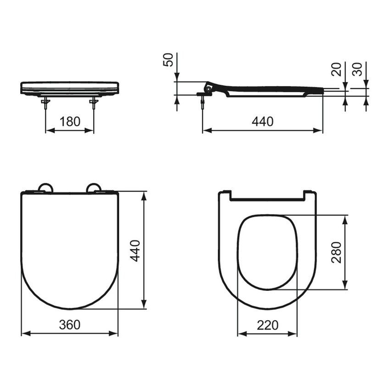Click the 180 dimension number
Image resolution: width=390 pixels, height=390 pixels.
coord(70,122)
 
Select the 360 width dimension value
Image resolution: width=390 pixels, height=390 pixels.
coord(70,324)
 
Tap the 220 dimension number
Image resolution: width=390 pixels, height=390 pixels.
coord(267,325)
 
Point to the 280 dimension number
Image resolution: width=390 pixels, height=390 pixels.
coord(337,252)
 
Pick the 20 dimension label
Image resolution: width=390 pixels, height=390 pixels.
coord(337,69)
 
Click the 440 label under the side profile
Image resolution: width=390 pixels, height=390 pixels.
coord(262,122)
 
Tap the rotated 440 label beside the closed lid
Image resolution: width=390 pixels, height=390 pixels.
coord(135,251)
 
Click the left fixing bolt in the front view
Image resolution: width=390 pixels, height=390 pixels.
coord(46,103)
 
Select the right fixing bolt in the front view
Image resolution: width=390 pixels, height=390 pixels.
coord(94,103)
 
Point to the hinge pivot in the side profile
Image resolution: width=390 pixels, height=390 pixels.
coord(209,87)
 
